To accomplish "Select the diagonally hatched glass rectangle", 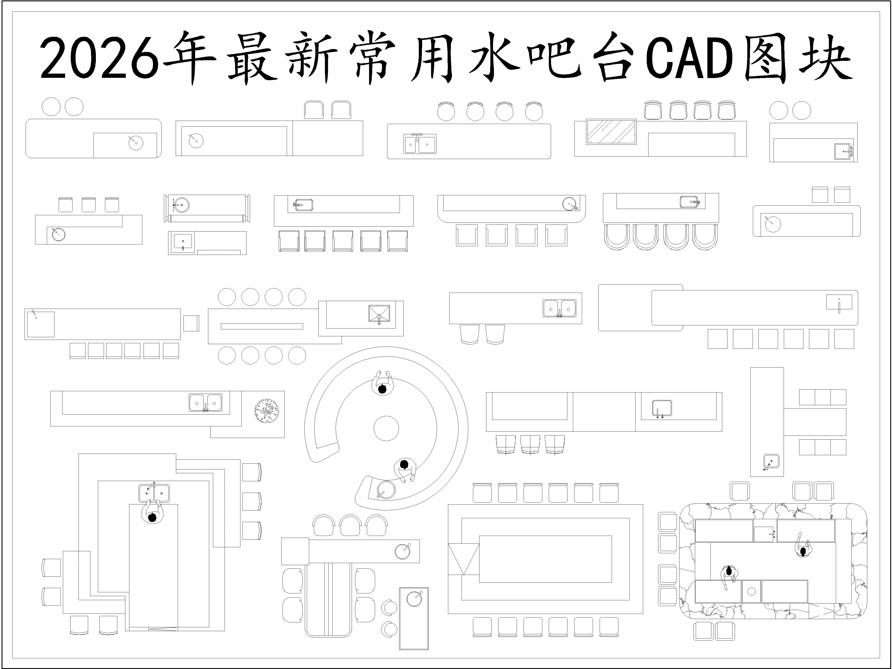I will click(611, 132).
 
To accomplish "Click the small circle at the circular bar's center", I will click(386, 428).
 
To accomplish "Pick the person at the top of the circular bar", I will click(382, 383).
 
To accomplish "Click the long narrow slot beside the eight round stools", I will click(262, 326).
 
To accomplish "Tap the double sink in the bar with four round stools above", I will click(420, 144).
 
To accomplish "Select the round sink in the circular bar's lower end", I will click(386, 490).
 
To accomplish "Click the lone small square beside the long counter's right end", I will click(191, 323).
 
